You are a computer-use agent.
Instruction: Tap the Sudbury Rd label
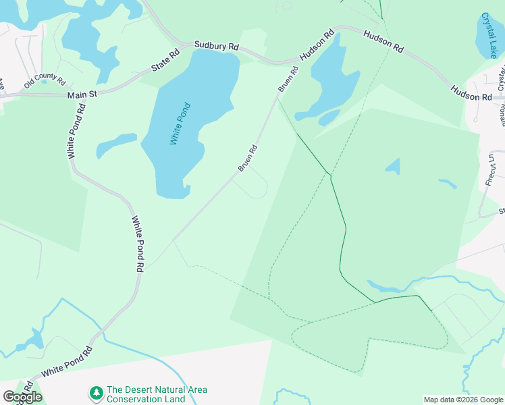tap(216, 47)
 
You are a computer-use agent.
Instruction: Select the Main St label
tap(82, 96)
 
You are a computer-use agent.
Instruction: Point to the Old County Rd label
tap(45, 82)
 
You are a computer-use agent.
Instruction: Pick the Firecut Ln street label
tap(490, 169)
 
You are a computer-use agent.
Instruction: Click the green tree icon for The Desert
tap(97, 391)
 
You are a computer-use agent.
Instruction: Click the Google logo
tap(22, 397)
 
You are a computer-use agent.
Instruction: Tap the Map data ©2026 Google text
tap(462, 400)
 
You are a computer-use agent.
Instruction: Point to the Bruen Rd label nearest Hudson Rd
tap(288, 80)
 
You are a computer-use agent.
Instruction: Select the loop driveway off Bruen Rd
tap(255, 183)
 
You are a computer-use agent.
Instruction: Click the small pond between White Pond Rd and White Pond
tap(116, 144)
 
